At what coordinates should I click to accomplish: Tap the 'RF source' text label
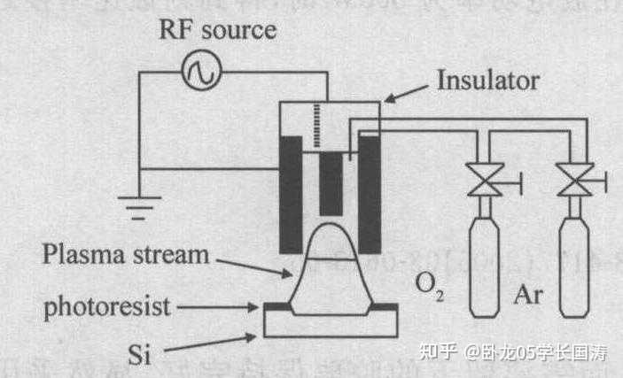click(217, 29)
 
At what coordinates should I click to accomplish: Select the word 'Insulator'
click(487, 80)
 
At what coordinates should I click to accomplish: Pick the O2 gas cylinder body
click(484, 266)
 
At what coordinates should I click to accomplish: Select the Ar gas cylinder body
click(574, 266)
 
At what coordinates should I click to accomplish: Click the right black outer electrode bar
click(370, 194)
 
